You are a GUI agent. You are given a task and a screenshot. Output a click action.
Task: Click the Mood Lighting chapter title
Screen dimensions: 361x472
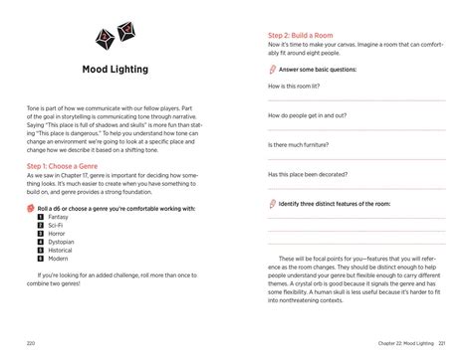coord(116,70)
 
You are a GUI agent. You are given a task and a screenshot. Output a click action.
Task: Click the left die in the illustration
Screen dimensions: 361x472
coord(103,38)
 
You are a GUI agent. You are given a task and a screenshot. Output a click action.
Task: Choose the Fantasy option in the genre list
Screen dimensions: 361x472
coord(58,217)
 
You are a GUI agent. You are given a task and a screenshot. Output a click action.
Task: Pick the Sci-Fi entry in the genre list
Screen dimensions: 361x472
coord(56,226)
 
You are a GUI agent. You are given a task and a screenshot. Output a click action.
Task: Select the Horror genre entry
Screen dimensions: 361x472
coord(57,234)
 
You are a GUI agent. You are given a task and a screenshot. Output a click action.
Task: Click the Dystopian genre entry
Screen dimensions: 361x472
coord(61,242)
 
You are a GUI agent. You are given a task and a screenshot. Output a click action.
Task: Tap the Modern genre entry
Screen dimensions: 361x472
coord(58,259)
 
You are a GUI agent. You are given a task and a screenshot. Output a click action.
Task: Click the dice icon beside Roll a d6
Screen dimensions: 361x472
coord(30,208)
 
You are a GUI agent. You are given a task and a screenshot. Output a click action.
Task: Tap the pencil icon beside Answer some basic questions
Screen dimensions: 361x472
coord(272,71)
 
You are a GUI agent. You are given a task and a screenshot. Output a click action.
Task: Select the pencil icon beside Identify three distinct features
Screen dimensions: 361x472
coord(272,202)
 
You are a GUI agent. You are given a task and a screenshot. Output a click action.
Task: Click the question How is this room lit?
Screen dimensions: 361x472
coord(304,87)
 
